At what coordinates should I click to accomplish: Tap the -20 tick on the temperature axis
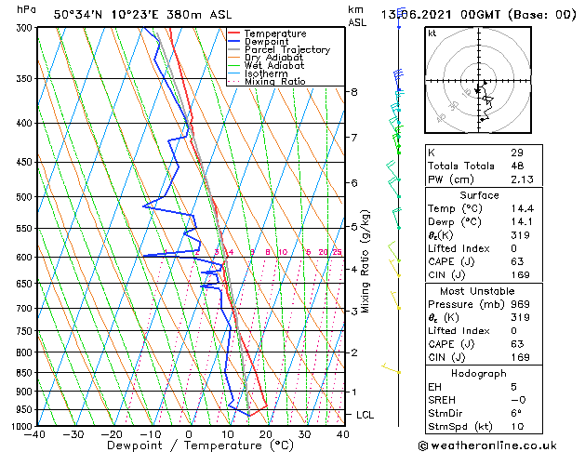point(112,433)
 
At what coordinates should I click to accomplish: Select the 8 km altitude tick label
point(354,92)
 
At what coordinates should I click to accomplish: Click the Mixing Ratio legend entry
point(275,82)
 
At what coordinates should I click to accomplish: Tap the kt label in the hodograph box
point(432,33)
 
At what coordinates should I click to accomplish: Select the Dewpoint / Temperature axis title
point(190,445)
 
